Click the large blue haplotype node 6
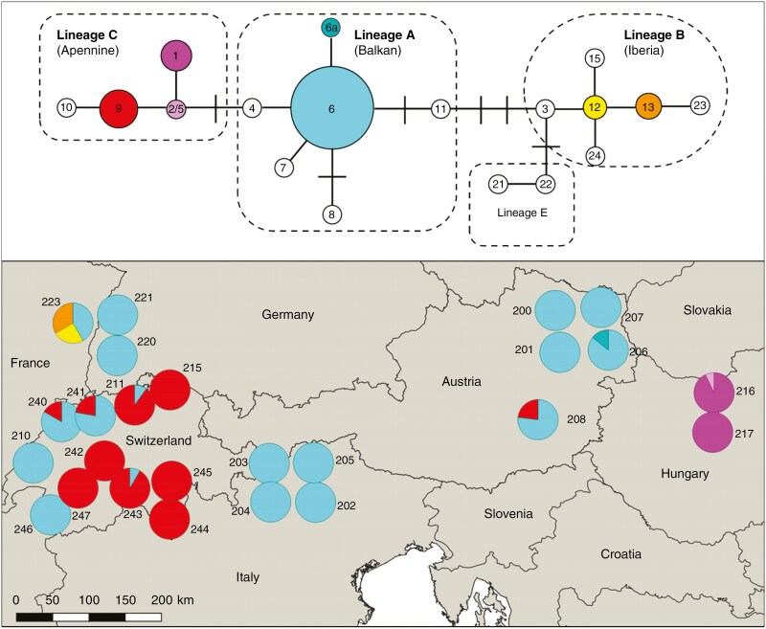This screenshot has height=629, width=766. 331,108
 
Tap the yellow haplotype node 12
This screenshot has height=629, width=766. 595,107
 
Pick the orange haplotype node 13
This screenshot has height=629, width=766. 648,107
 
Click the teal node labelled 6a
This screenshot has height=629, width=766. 331,29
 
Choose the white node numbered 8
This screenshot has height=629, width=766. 331,213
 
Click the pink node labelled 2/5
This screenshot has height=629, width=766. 176,108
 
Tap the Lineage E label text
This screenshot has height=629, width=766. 522,212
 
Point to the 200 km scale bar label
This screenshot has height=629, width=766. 172,599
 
